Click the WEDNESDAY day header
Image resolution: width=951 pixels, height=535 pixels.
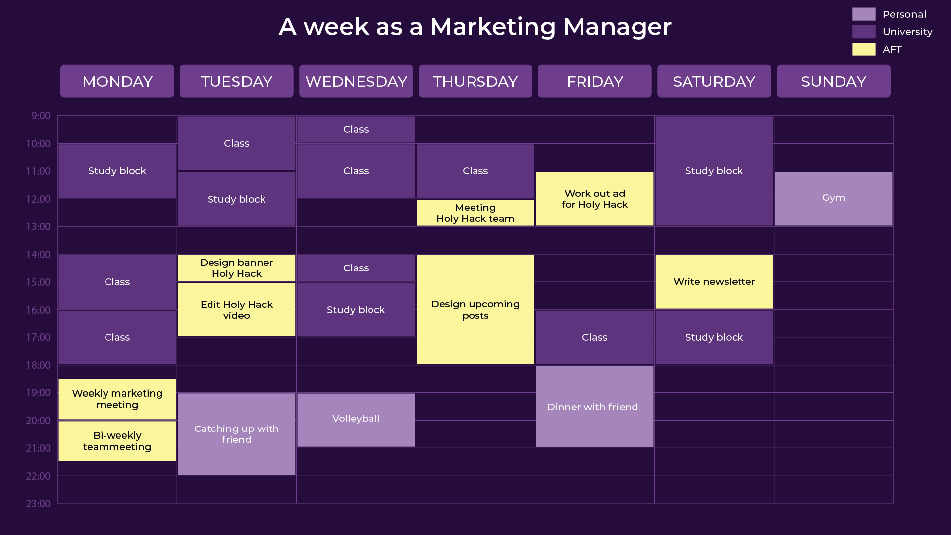coord(356,81)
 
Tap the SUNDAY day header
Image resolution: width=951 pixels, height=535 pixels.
coord(833,81)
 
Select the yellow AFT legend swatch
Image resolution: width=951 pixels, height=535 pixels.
coord(864,49)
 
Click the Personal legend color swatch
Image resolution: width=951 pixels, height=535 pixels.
coord(864,14)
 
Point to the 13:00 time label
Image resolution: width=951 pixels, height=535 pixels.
coord(38,227)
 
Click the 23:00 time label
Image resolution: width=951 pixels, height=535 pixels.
coord(38,504)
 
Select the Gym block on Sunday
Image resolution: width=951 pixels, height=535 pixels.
coord(833,199)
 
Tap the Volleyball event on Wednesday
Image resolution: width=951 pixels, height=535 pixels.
coord(356,420)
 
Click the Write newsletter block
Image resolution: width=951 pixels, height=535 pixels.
coord(714,282)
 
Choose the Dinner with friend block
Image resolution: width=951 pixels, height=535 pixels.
coord(594,407)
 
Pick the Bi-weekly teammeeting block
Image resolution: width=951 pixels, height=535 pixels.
coord(117,441)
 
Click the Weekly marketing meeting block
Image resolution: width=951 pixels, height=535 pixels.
coord(117,399)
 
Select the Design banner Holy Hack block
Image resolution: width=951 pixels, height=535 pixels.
coord(237,268)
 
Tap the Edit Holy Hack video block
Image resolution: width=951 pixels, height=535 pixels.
coord(237,310)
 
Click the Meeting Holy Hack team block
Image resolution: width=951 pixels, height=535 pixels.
coord(475,213)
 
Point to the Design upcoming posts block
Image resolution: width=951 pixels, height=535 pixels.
coord(475,310)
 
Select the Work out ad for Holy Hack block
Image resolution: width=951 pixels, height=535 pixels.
coord(594,199)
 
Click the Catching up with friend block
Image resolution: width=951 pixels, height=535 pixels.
coord(237,434)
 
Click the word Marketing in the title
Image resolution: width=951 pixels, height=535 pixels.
coord(493,27)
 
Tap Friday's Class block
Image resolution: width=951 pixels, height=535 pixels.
coord(594,337)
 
